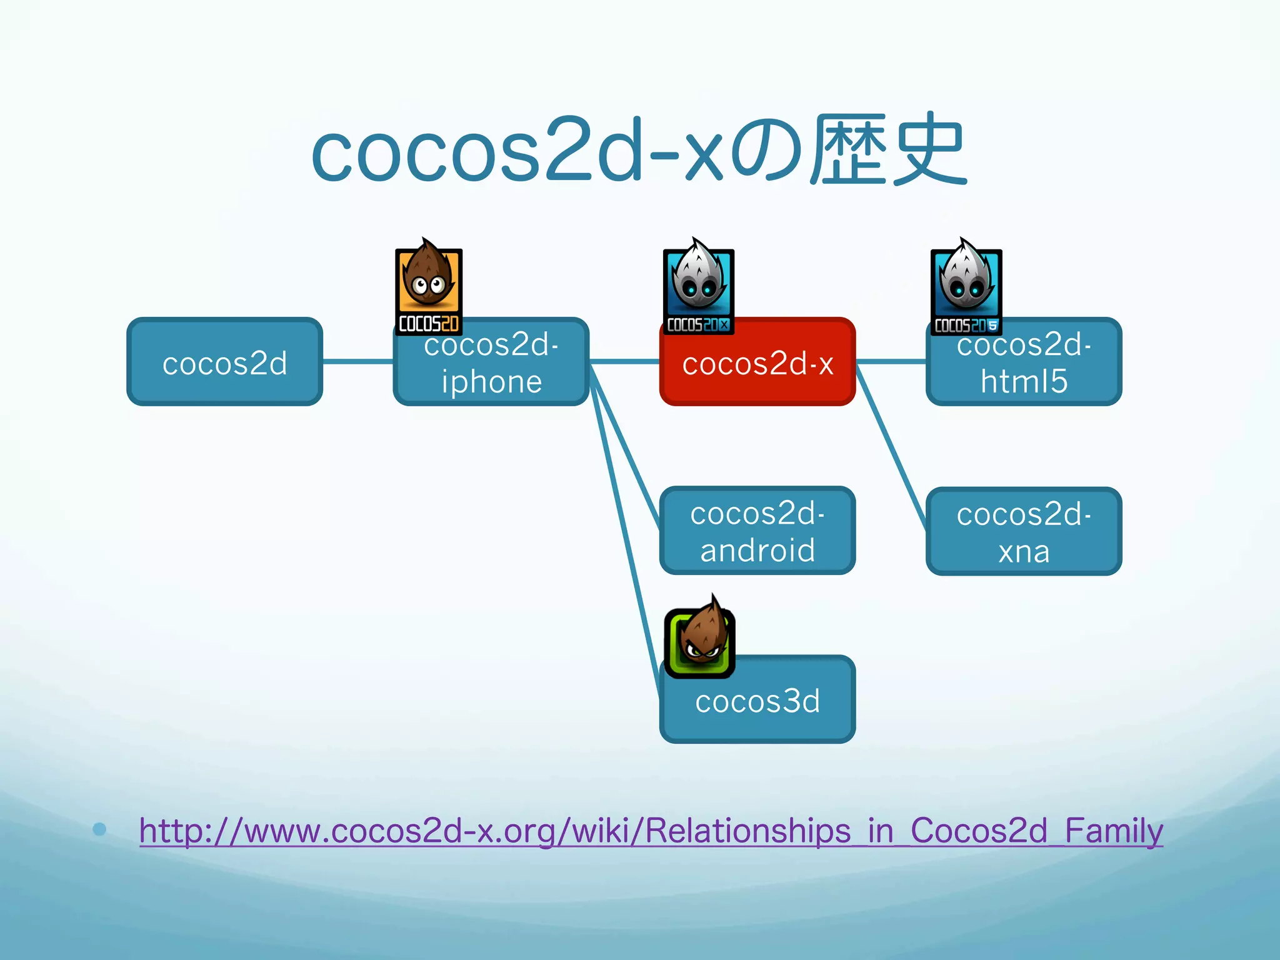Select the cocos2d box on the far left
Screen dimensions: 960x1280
(224, 362)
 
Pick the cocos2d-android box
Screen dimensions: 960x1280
(757, 531)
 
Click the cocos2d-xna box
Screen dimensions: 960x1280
(1024, 532)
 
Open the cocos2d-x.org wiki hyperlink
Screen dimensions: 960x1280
(651, 831)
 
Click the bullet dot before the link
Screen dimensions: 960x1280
(99, 829)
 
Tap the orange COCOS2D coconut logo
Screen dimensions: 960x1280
(429, 287)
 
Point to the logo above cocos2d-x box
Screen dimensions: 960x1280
(698, 287)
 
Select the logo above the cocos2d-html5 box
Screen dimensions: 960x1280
(966, 287)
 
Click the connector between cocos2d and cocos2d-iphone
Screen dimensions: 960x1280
(357, 361)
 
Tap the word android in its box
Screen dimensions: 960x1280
(757, 551)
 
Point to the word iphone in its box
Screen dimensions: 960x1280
(491, 382)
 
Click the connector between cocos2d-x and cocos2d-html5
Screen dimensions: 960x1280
(891, 361)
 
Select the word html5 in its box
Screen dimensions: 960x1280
(1024, 382)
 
